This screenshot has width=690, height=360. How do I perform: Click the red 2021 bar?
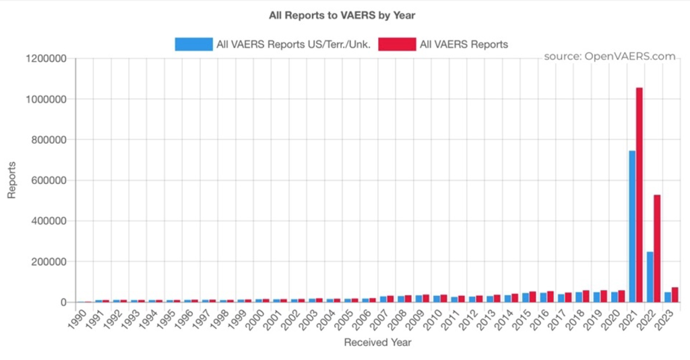coord(639,196)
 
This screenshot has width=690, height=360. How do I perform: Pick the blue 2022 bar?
coord(650,277)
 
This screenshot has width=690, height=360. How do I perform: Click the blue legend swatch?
coord(192,44)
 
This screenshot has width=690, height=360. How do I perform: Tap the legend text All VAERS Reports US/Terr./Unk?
coord(292,44)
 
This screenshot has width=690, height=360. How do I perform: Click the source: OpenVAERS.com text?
coord(609,57)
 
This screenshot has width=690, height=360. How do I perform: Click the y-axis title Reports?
coord(11,181)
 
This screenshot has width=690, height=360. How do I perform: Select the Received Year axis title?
coord(377,342)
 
